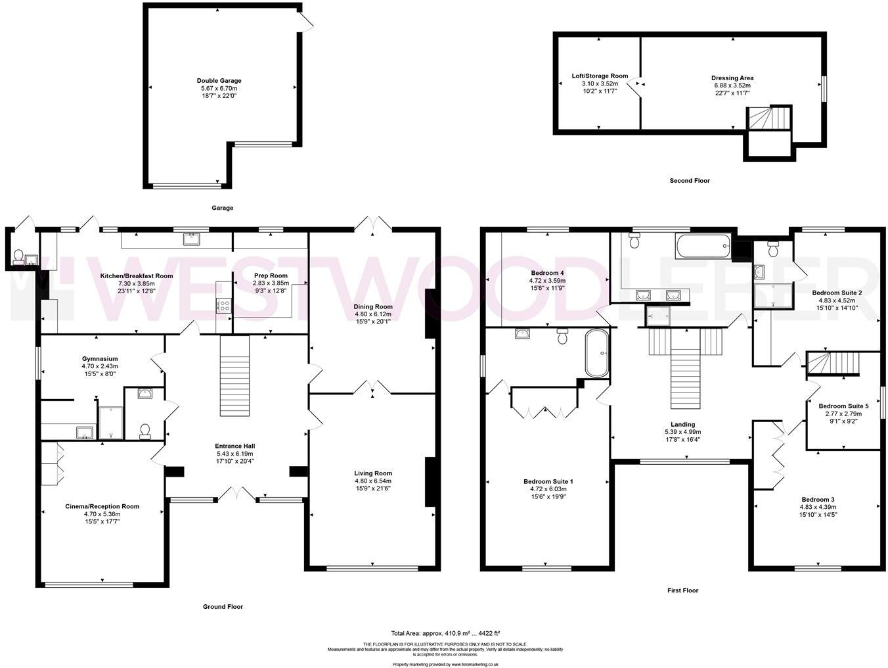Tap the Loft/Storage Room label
coord(600,76)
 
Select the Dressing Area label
coord(732,78)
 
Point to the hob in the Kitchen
coord(223,305)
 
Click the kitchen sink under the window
coord(192,239)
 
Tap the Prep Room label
coord(271,275)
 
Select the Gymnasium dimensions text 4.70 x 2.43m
coord(100,366)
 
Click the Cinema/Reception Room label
coord(102,506)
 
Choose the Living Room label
coord(372,473)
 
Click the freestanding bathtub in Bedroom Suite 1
coord(596,353)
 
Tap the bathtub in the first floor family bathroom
coord(702,246)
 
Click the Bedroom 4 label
coord(547,273)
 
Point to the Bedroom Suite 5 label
coord(843,406)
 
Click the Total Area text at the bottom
coord(445,633)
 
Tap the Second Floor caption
coord(689,180)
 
